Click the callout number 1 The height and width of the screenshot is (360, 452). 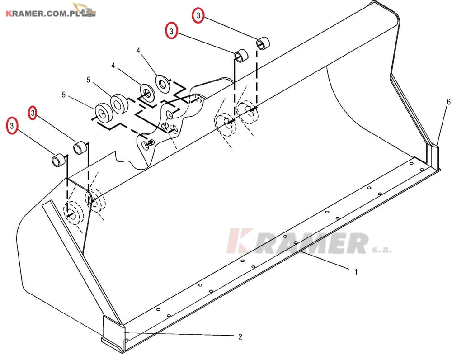[x=356, y=272]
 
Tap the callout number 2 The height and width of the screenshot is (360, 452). [x=240, y=336]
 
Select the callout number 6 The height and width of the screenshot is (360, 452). [x=448, y=102]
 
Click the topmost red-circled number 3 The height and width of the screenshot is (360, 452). [x=198, y=15]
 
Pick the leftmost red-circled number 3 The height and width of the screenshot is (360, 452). [x=12, y=126]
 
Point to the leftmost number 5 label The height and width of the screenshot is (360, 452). [x=64, y=95]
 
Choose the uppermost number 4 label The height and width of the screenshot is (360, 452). [x=138, y=51]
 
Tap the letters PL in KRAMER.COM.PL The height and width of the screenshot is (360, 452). [x=75, y=14]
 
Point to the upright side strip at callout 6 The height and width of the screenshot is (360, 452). [x=433, y=157]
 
